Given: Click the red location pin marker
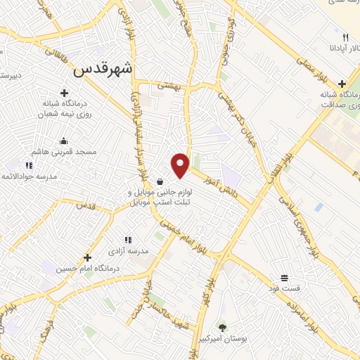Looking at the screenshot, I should click(x=181, y=165).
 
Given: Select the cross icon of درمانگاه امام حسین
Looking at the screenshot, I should click(x=87, y=257).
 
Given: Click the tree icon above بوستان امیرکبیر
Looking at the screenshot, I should click(x=222, y=327).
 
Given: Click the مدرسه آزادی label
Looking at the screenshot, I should click(x=128, y=250).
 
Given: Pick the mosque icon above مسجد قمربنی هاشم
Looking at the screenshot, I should click(x=64, y=141).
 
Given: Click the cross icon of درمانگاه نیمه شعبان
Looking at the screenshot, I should click(x=64, y=92).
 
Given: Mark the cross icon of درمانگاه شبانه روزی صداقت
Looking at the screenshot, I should click(x=341, y=84).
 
